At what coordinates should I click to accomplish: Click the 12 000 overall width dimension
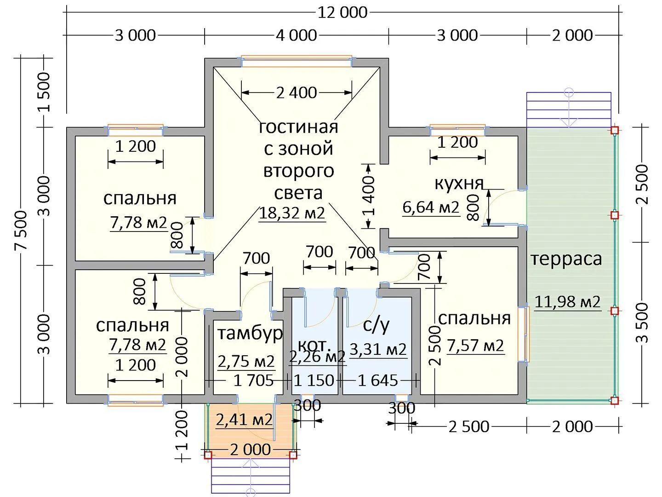coord(342,12)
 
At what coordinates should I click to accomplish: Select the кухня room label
coord(459,183)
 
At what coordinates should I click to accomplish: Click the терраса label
coord(566,259)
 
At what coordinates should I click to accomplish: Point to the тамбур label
coord(250,333)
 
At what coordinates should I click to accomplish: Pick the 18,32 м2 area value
coord(292,213)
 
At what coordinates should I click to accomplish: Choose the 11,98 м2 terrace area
coord(567,302)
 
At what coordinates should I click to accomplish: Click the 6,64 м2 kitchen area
coord(431,207)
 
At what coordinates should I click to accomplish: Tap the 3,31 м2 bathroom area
coord(378,350)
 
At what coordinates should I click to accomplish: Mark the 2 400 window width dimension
coord(297,92)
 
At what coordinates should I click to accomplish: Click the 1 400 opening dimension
coord(369,196)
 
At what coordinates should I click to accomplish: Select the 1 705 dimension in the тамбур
coord(253,381)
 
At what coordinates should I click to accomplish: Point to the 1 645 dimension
coord(377,381)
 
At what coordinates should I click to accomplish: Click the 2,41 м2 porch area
coord(244,420)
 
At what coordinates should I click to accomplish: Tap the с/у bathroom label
coord(376,325)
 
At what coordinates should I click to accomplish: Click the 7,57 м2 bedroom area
coord(475,346)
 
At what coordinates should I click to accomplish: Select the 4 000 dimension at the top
coord(297,35)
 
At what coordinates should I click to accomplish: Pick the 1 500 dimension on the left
coord(44,92)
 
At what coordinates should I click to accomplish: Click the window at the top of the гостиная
coord(297,61)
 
